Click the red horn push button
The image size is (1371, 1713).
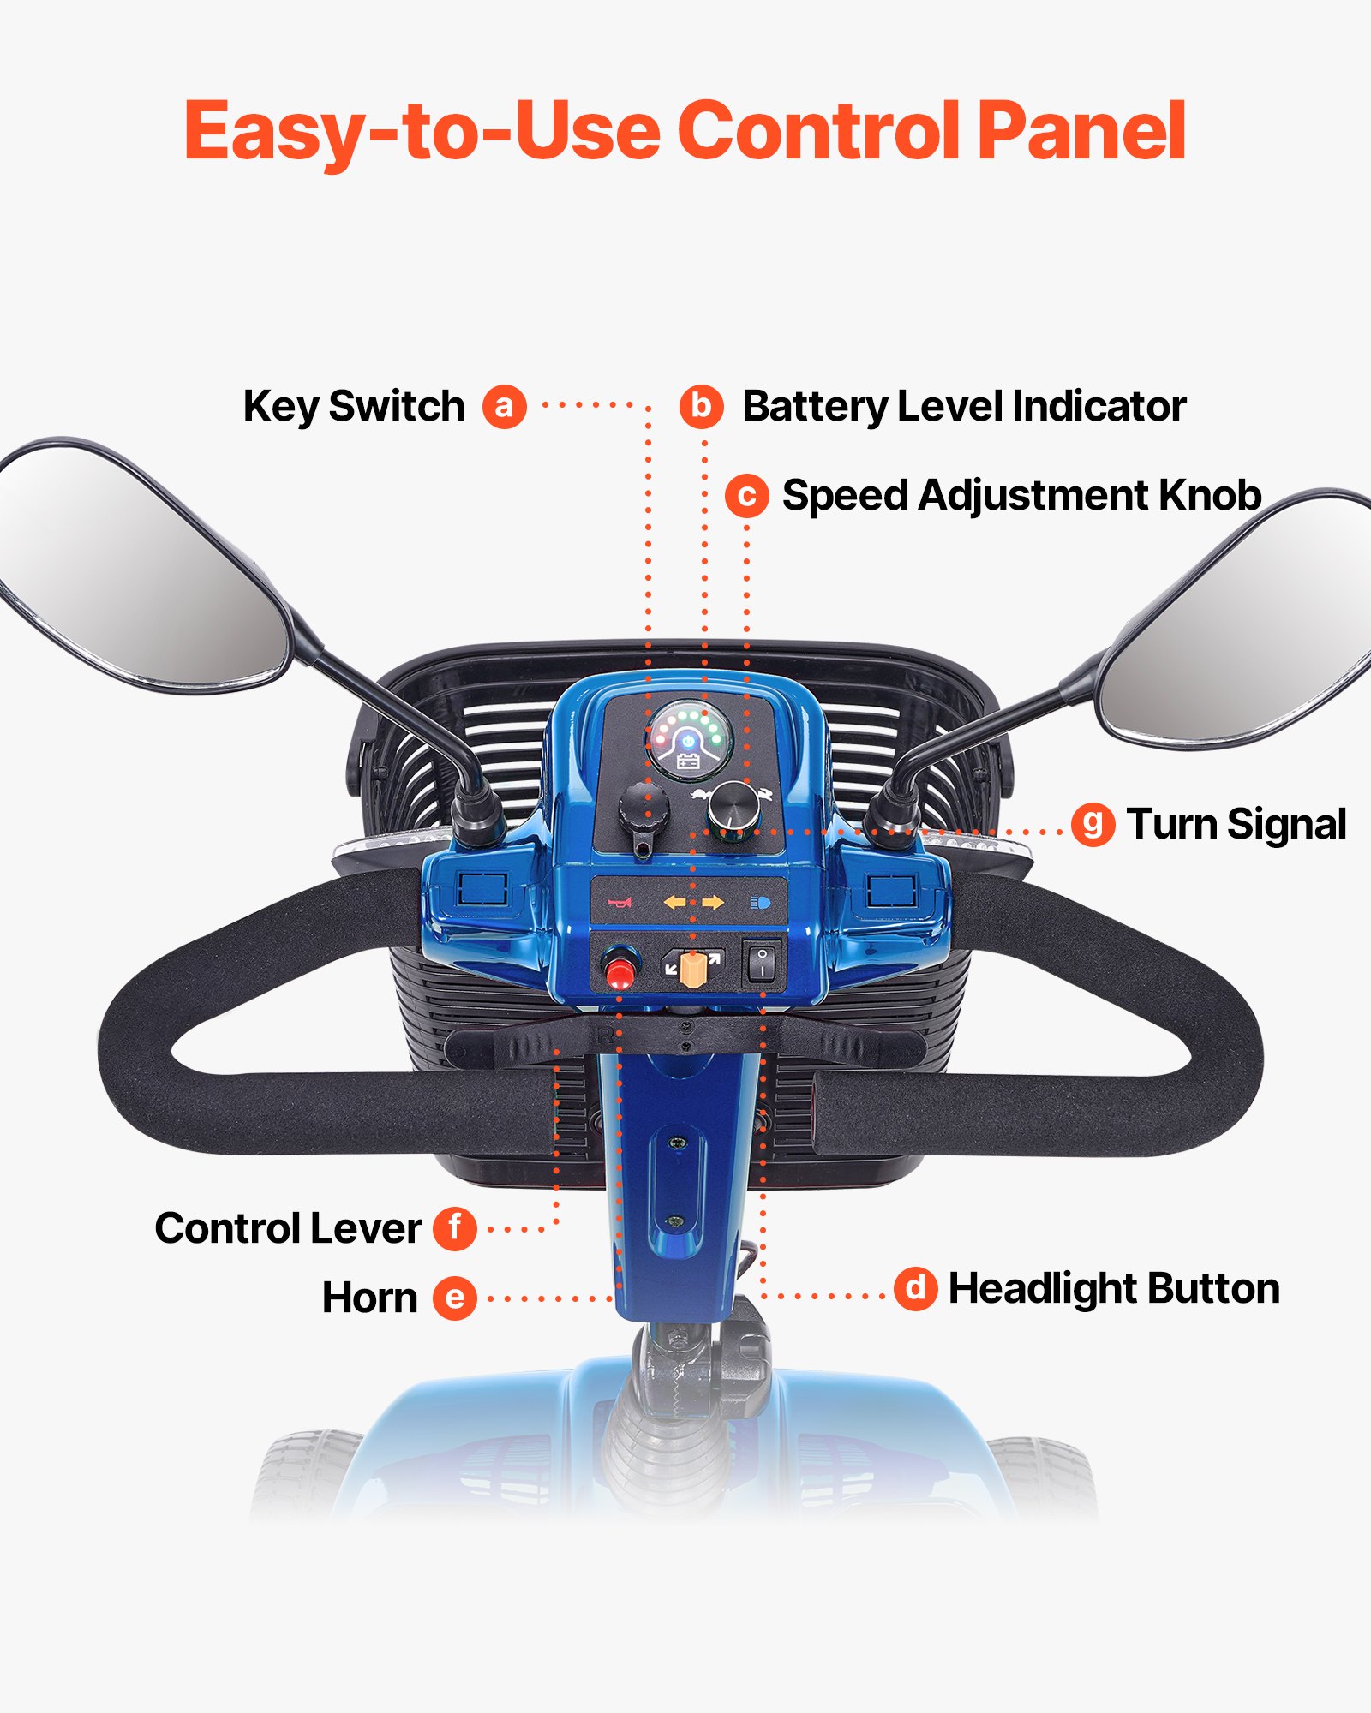pos(619,971)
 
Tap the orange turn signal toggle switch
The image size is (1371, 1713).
pos(691,969)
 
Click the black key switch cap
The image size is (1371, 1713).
pos(642,808)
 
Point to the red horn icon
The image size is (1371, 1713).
pos(620,903)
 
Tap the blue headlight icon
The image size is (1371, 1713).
pos(760,903)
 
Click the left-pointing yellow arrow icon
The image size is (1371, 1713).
pos(675,903)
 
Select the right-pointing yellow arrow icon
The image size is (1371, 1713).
pos(713,903)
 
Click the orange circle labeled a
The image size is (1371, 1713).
pos(504,406)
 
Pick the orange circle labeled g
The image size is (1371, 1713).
pos(1093,825)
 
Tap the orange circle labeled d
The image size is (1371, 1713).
pos(915,1288)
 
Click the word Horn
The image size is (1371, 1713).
pos(369,1298)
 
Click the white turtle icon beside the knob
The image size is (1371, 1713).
pos(700,796)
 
